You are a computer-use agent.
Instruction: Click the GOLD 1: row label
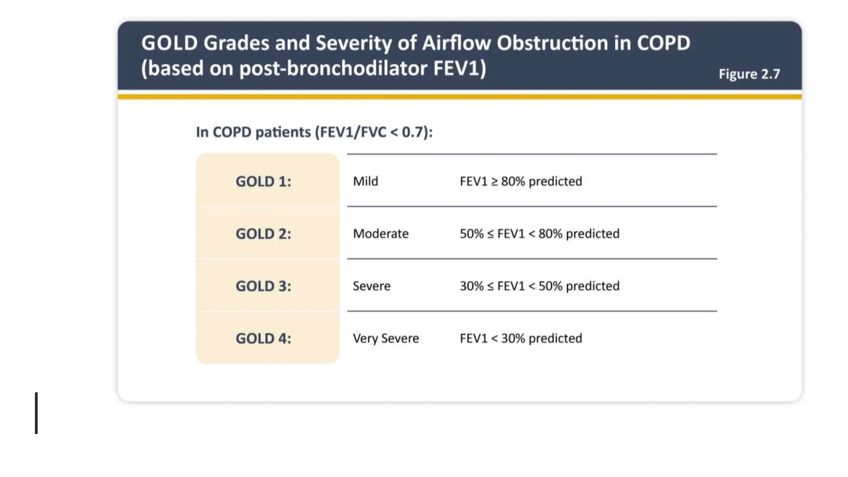[263, 181]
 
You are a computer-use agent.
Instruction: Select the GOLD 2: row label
[263, 234]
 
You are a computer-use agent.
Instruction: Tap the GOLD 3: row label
[263, 286]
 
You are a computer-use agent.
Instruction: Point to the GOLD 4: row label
[263, 339]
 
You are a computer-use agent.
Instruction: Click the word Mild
[365, 181]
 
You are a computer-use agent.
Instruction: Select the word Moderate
[381, 234]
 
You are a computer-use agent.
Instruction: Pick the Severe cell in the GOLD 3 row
[371, 286]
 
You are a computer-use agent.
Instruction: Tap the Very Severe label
[385, 339]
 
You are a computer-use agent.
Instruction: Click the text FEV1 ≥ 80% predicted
[520, 181]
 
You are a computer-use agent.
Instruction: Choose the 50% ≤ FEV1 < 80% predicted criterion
[539, 234]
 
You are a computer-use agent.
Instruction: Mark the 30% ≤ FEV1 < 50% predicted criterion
[539, 286]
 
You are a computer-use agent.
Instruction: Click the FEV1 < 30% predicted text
[520, 339]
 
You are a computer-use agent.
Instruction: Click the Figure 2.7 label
[749, 74]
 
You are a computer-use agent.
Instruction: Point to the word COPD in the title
[663, 43]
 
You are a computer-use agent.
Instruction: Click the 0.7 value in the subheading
[413, 132]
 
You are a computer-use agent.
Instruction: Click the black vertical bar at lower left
[36, 413]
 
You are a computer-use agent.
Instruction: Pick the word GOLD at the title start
[169, 43]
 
